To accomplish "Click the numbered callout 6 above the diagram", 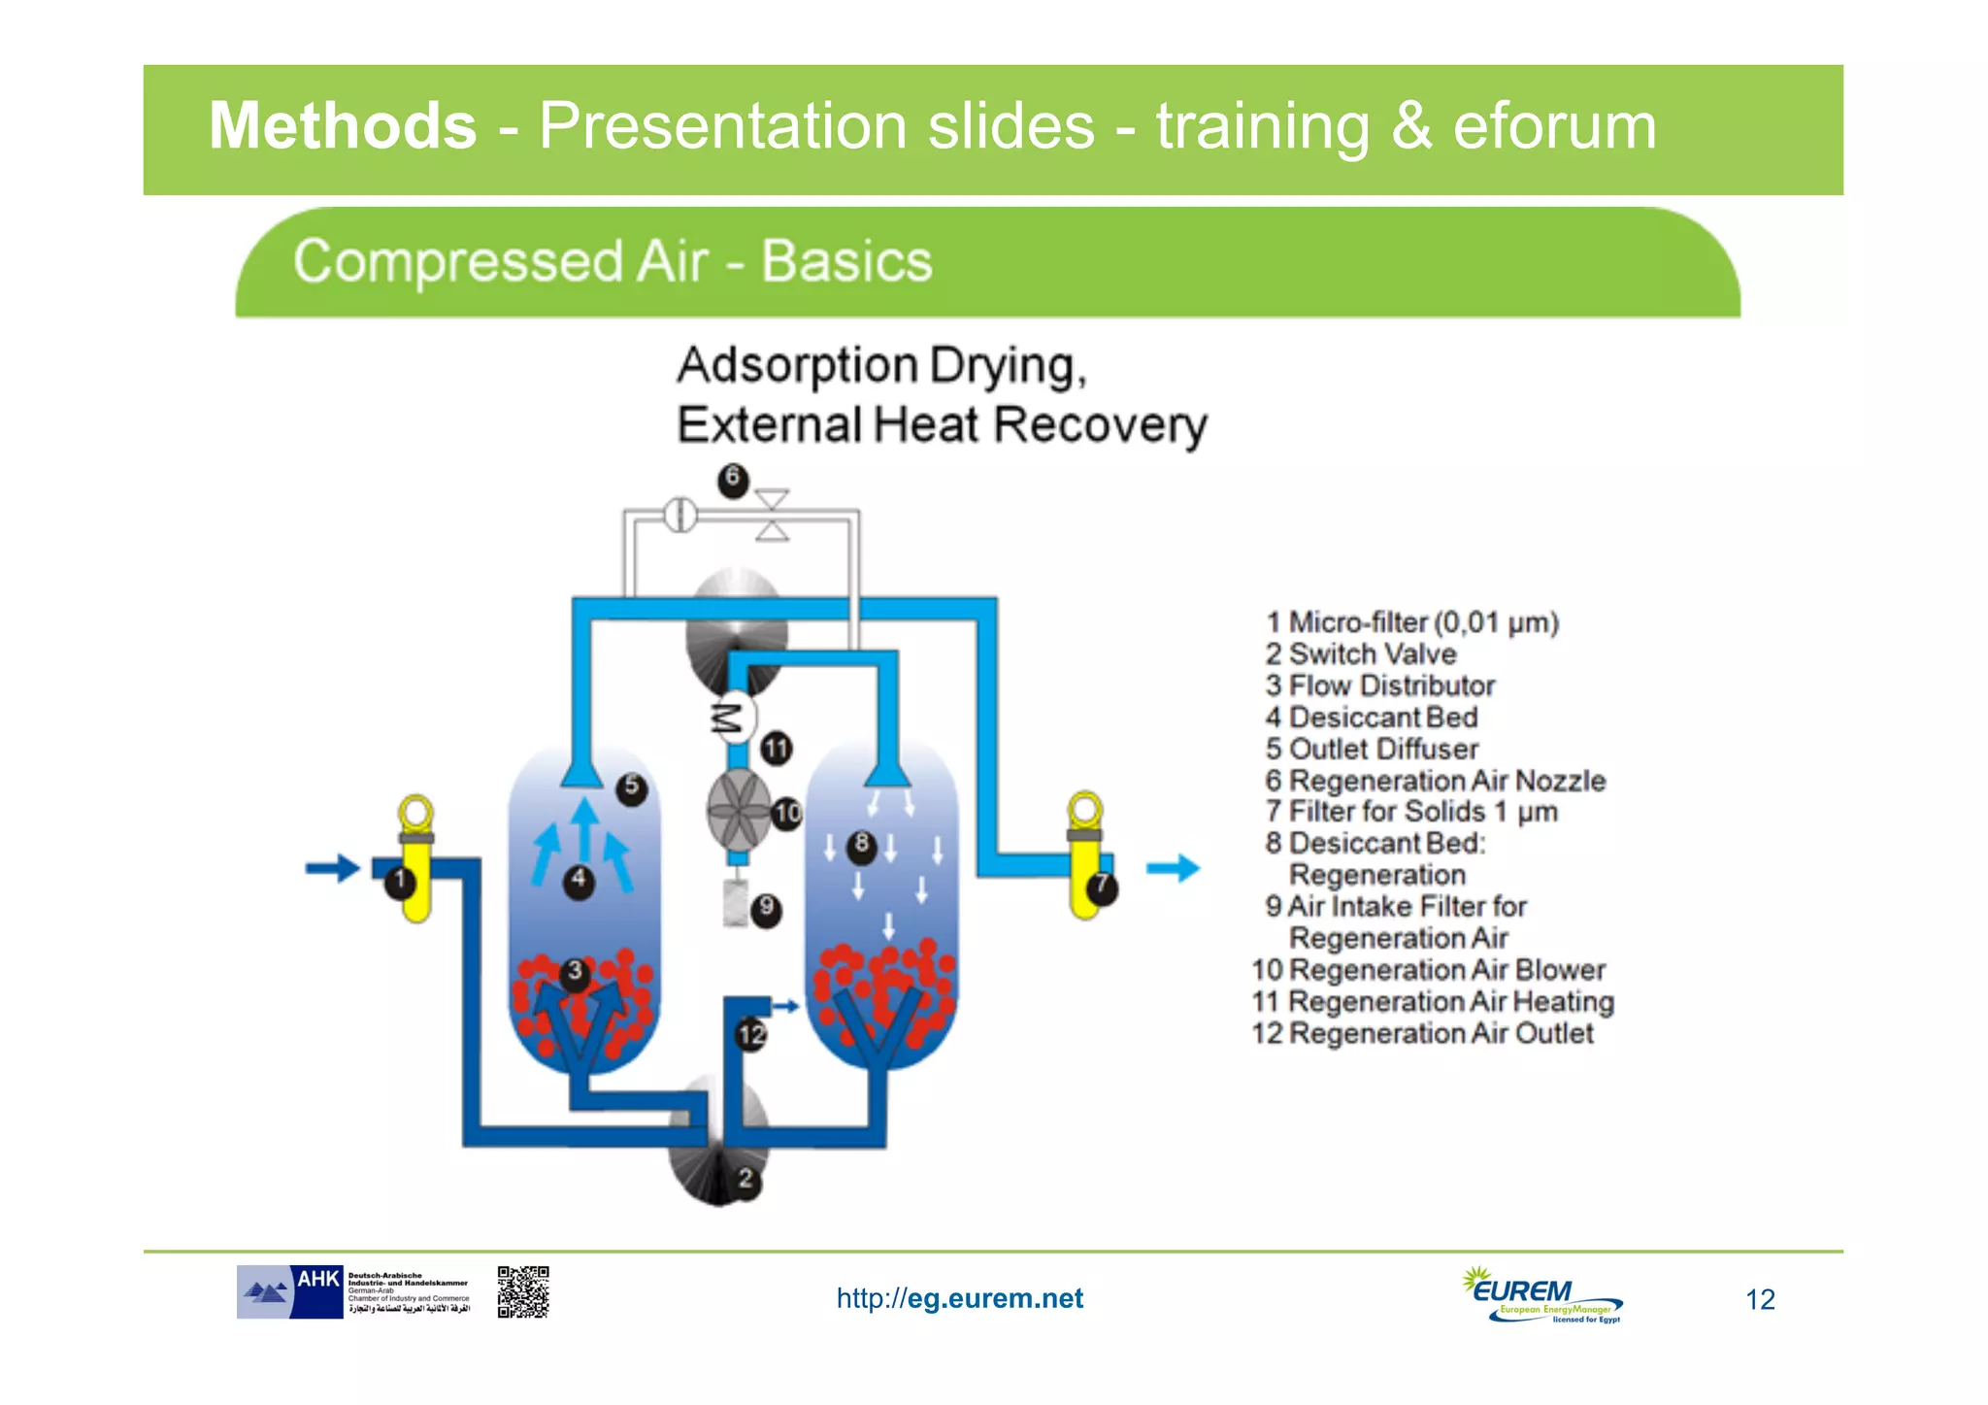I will (x=733, y=479).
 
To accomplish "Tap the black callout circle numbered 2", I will (x=745, y=1180).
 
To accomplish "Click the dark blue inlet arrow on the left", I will (x=333, y=867).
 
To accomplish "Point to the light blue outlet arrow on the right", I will (x=1173, y=867).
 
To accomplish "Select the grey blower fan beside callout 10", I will (x=738, y=811).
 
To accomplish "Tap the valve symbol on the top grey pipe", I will (x=773, y=515).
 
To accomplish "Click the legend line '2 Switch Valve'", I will (x=1361, y=653).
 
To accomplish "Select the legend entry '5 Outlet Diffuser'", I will (x=1372, y=749).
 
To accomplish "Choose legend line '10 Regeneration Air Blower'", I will (x=1428, y=969).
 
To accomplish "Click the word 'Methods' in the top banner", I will (x=343, y=126).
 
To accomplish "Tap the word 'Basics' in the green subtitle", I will (x=845, y=261).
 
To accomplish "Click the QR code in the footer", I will (x=523, y=1291).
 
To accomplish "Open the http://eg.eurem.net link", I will (x=959, y=1298).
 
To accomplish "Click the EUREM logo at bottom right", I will (x=1541, y=1295).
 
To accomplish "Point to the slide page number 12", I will (x=1760, y=1299).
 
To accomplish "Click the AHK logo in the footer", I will (x=291, y=1291).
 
